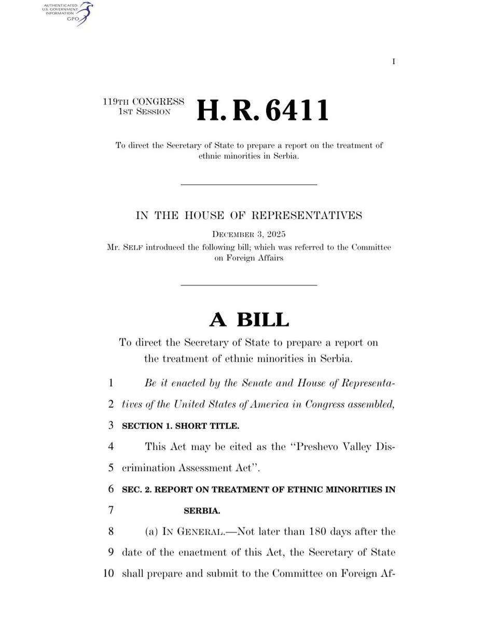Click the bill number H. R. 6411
262,111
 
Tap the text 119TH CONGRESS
143,102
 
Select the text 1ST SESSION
144,112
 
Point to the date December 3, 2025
249,234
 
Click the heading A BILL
249,320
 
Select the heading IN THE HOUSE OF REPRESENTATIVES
249,215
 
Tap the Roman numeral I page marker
394,62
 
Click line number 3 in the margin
110,426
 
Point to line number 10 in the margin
108,573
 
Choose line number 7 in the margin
110,510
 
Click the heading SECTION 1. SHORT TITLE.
181,426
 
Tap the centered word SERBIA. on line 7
202,511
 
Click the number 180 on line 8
317,531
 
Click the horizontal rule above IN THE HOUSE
249,184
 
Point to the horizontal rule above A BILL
249,285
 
